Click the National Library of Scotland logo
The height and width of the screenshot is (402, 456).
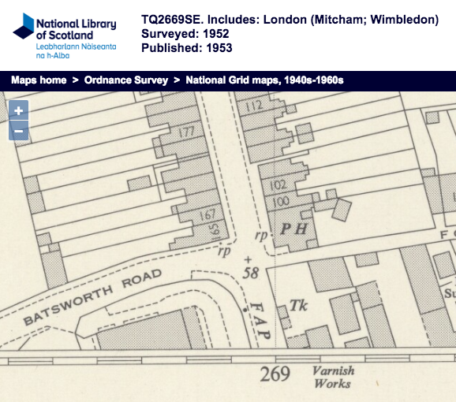(65, 35)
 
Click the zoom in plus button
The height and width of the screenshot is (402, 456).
(18, 111)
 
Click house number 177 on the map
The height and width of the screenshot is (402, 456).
(186, 132)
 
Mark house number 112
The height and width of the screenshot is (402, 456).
(253, 106)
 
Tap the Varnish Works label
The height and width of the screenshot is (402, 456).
(333, 377)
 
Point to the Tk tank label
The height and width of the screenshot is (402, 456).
(297, 304)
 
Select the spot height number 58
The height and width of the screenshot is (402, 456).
(252, 273)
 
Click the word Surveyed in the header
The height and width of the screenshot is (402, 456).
(166, 34)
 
